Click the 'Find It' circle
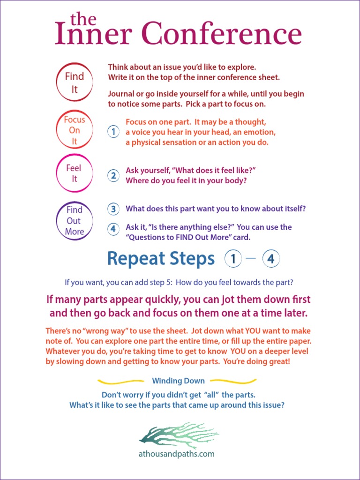click(74, 82)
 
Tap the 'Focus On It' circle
click(74, 130)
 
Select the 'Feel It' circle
click(74, 173)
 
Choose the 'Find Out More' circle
click(74, 221)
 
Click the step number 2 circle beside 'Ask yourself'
click(113, 176)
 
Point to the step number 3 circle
click(113, 209)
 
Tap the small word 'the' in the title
click(83, 19)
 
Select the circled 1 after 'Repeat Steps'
click(233, 259)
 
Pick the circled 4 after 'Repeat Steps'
click(271, 259)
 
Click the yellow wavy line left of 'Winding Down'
click(120, 381)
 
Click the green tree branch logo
click(179, 435)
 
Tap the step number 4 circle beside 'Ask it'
click(113, 229)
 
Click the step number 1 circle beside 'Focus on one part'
click(113, 132)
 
